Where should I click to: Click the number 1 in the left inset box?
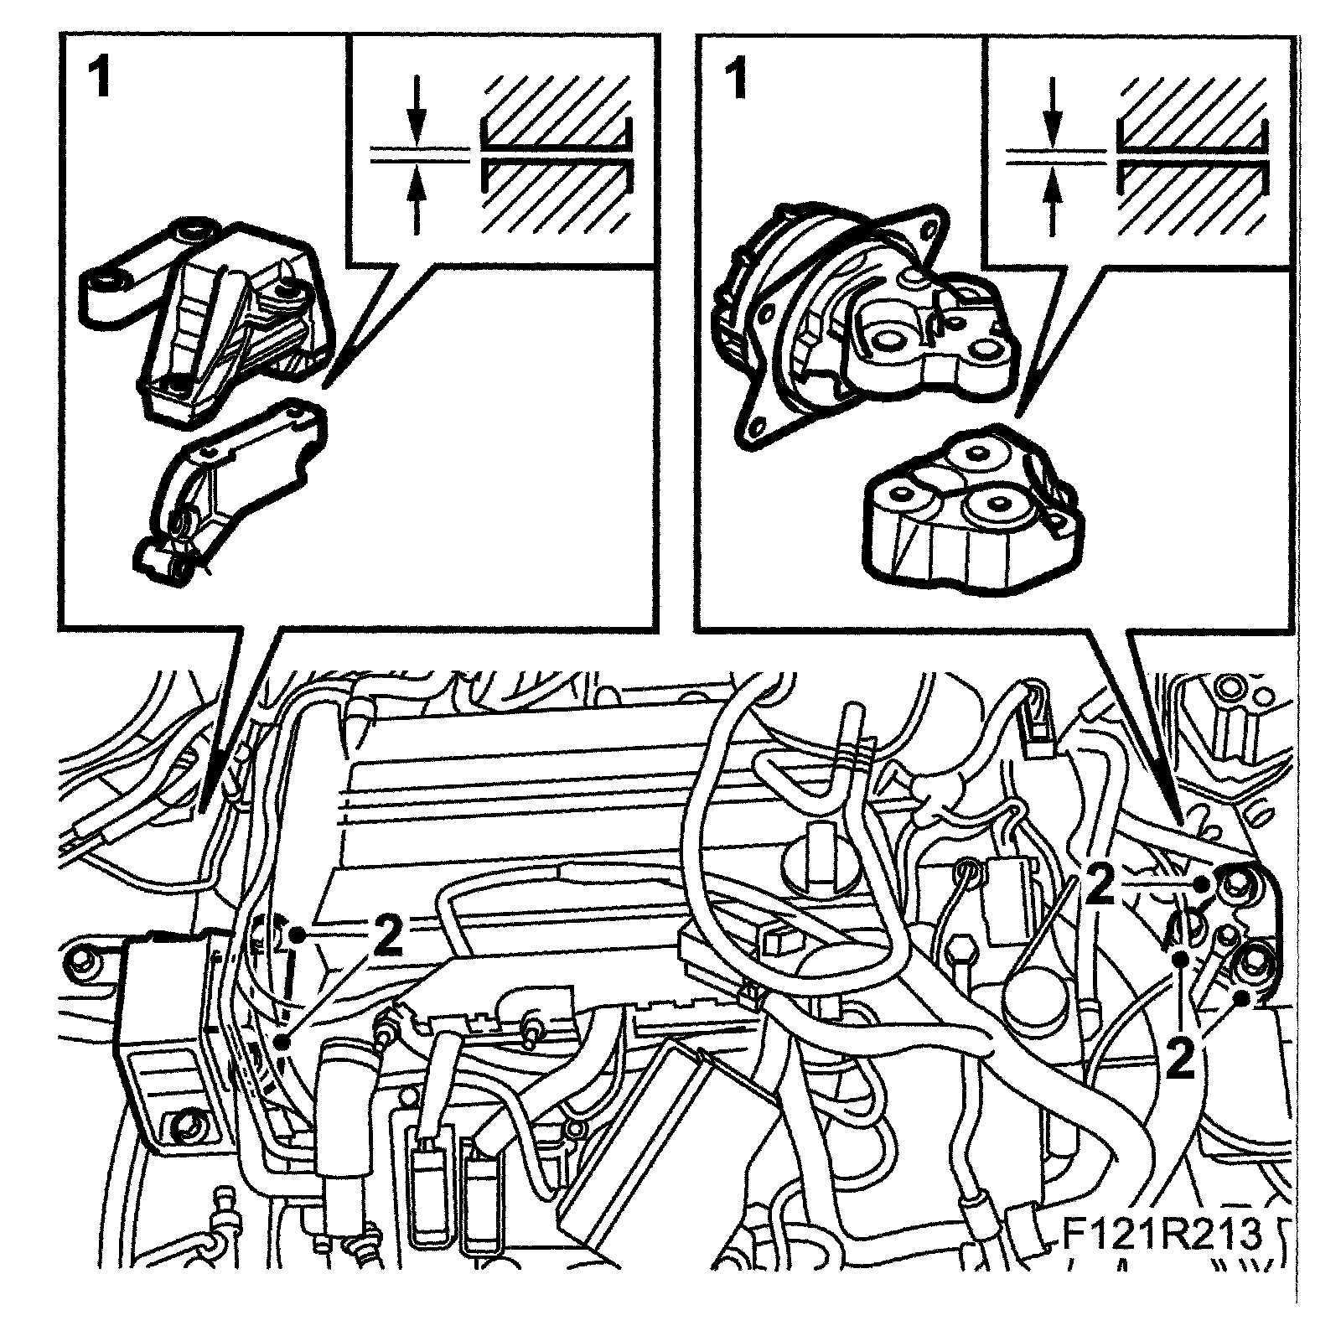(100, 82)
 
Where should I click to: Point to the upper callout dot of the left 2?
(297, 932)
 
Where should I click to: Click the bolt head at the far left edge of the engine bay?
(81, 956)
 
